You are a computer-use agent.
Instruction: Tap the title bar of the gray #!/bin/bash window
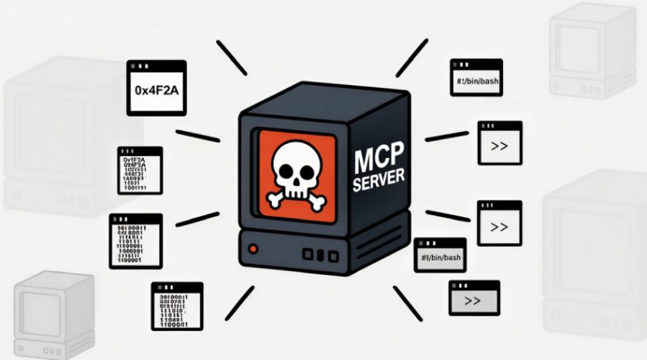pyautogui.click(x=440, y=243)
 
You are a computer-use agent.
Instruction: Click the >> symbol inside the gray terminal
pyautogui.click(x=473, y=301)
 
